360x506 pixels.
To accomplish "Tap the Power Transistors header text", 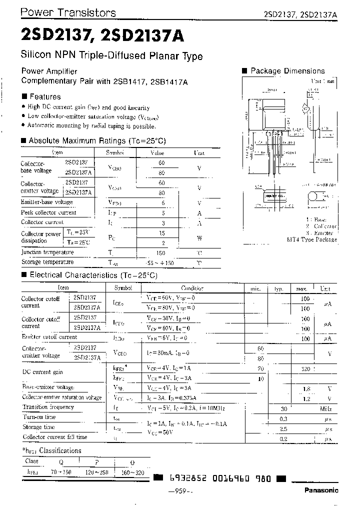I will (x=69, y=13).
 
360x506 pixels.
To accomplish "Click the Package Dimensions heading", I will (x=287, y=71).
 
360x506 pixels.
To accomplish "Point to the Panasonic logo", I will (x=321, y=490).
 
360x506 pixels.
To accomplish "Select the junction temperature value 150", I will (x=160, y=253).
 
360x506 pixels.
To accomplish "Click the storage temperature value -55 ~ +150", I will (x=159, y=262).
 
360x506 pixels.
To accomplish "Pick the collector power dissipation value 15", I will (x=161, y=233).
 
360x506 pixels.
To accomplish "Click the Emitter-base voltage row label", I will (x=46, y=202).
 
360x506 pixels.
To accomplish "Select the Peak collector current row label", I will (x=48, y=212).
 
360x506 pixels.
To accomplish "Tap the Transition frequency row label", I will (x=48, y=407).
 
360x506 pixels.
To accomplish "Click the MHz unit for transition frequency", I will (x=325, y=408).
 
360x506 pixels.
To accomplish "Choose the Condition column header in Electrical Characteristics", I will (x=192, y=288).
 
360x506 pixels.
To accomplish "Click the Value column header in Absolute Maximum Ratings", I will (x=157, y=152).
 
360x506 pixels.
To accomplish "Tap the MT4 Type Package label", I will (x=312, y=239).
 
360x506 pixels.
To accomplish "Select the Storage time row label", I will (x=38, y=427).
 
